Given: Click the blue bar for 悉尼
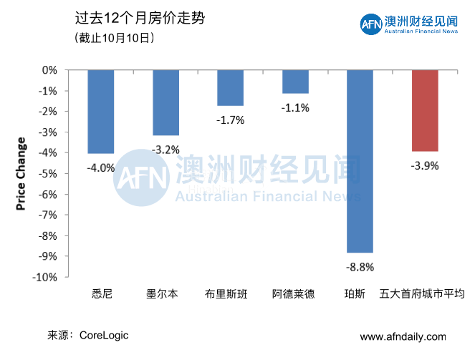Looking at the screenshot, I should (x=101, y=112).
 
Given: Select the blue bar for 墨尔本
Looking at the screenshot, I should (x=165, y=103).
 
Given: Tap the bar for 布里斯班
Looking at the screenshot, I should (x=231, y=88).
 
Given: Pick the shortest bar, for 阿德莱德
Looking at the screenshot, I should (x=295, y=82).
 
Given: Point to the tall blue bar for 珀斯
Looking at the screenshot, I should (x=360, y=161).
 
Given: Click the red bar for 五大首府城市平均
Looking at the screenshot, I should (x=424, y=111).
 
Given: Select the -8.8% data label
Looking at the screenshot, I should (x=360, y=267).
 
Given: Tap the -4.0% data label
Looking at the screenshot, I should (x=101, y=167).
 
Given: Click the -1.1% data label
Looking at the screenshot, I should (x=295, y=108).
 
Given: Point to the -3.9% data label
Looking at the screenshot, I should (x=424, y=165).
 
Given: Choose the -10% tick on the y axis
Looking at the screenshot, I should (x=47, y=277).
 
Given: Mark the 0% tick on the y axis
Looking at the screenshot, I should (x=49, y=70).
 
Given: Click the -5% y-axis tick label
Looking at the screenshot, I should (x=48, y=174).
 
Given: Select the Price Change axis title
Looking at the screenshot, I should (x=21, y=173).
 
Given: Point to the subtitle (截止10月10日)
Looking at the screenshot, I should (x=114, y=38).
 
